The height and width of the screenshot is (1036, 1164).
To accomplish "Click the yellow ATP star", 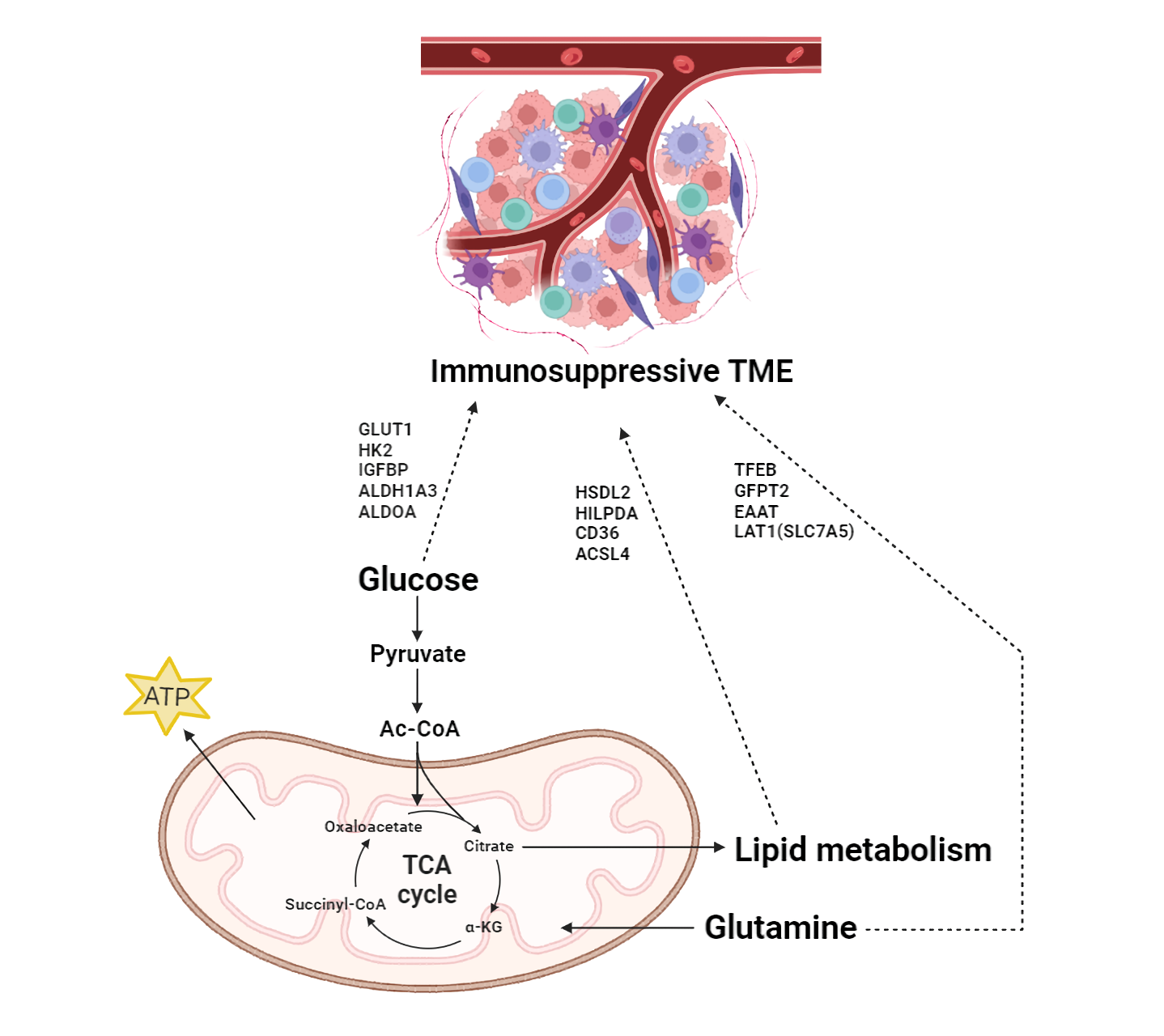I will pos(168,696).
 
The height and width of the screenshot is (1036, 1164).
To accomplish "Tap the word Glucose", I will pos(418,580).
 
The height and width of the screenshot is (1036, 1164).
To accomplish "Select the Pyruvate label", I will pos(418,654).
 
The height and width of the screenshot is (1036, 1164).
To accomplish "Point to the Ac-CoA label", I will pos(419,728).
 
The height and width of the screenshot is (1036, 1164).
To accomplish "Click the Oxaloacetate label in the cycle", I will pos(373,826).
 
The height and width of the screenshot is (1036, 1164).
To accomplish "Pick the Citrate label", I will pos(488,846).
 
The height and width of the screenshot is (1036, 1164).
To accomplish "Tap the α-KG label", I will pos(483,927).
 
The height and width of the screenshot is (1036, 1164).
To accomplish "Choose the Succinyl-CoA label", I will pos(335,904).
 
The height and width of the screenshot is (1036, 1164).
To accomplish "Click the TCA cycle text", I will pos(427,880).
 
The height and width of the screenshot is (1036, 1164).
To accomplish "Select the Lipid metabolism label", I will pos(862,850).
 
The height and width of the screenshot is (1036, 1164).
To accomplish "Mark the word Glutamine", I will pos(780,928).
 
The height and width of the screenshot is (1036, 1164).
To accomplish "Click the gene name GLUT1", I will pos(385,429).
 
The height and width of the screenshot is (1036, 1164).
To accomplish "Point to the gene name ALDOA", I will pos(387,512).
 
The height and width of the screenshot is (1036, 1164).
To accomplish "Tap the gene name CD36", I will pos(597,533).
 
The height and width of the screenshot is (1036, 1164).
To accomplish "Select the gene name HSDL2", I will pos(602,492).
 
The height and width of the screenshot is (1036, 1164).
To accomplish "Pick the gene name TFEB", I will pos(754,470).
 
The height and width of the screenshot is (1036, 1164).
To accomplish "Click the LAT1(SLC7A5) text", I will pos(793,532).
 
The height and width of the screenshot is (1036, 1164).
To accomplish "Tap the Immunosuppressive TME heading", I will pos(611,371).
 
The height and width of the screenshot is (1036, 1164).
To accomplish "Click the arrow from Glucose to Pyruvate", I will pos(418,618).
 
